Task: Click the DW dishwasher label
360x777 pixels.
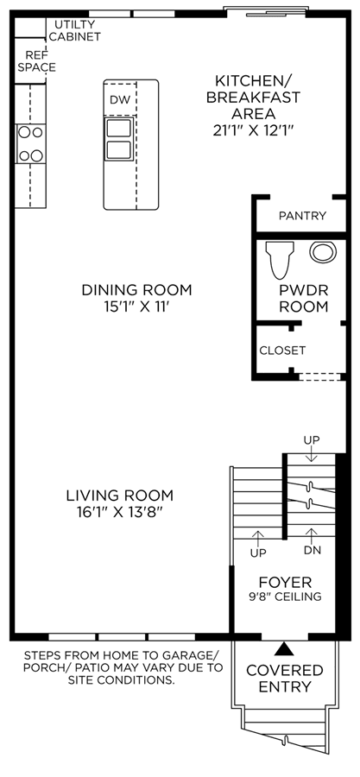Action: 120,99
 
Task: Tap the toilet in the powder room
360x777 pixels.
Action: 280,260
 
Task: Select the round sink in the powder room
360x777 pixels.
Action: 324,252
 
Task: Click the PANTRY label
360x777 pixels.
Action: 302,216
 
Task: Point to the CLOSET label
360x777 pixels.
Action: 283,351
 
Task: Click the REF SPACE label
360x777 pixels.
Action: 36,61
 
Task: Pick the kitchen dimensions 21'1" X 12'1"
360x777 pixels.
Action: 253,130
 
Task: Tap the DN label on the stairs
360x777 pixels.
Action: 311,551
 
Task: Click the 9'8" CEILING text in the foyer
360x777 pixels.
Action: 285,597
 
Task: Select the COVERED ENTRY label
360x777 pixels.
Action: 285,679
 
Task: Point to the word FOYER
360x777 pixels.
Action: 285,582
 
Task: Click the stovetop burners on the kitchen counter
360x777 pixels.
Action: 31,144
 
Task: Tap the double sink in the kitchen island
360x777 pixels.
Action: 119,139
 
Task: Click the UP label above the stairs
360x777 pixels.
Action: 312,440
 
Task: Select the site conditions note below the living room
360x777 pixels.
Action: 123,667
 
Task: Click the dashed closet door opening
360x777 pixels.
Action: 319,377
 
